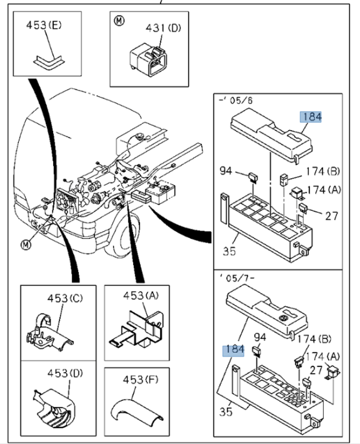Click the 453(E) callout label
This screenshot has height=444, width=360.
pyautogui.click(x=44, y=25)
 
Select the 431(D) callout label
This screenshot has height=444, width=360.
pyautogui.click(x=163, y=28)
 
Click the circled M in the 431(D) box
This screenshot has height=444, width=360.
pyautogui.click(x=119, y=21)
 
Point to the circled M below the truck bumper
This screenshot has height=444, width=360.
pyautogui.click(x=26, y=244)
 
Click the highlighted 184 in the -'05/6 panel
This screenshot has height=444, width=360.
pyautogui.click(x=311, y=117)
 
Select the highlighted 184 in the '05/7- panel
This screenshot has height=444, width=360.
pyautogui.click(x=233, y=349)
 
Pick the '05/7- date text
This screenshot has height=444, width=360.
pyautogui.click(x=237, y=278)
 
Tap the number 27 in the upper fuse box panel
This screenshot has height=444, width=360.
pyautogui.click(x=331, y=216)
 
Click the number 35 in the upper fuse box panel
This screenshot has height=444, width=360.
pyautogui.click(x=229, y=251)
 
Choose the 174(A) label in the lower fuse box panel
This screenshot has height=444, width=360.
pyautogui.click(x=322, y=356)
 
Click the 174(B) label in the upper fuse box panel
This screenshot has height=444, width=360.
pyautogui.click(x=322, y=171)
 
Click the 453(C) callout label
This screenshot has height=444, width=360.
pyautogui.click(x=65, y=298)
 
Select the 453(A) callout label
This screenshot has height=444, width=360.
pyautogui.click(x=141, y=295)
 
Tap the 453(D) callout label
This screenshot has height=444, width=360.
pyautogui.click(x=65, y=373)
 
